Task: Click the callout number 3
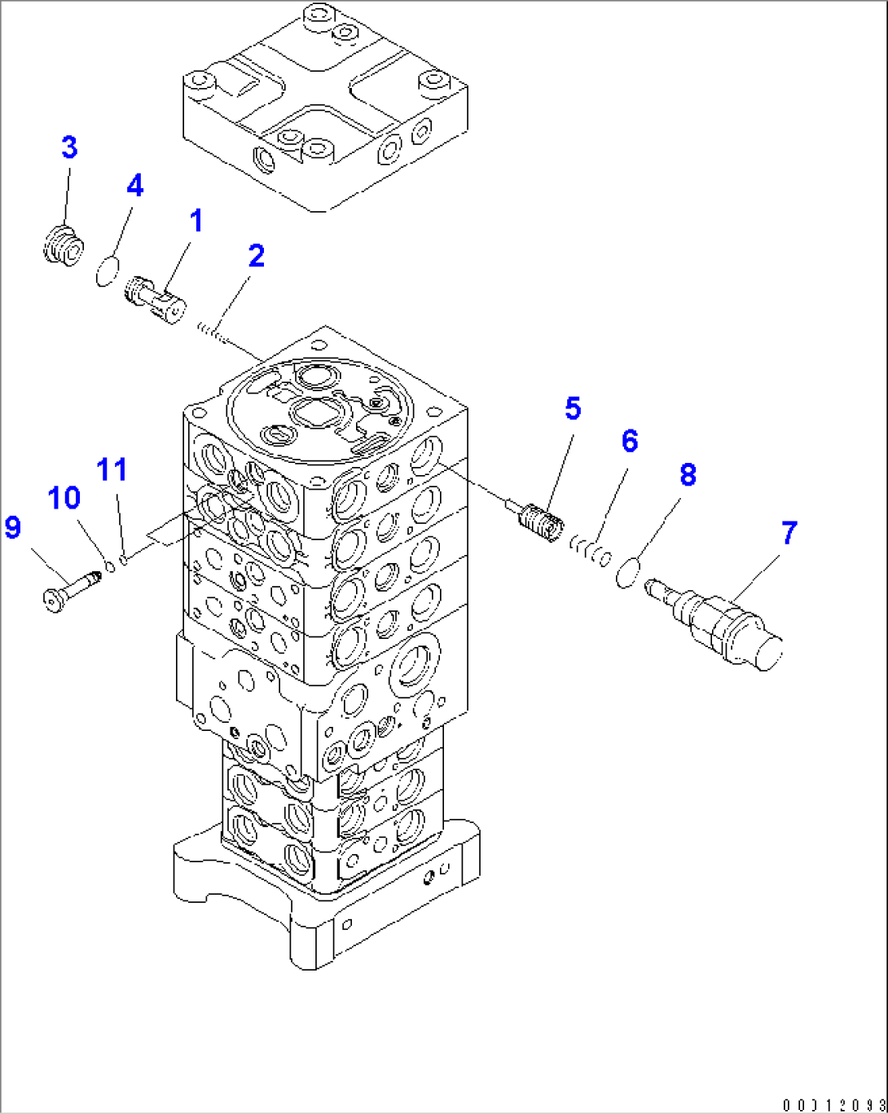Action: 69,148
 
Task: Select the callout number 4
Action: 134,186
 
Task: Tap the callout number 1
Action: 196,221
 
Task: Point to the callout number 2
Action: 256,256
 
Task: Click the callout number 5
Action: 573,408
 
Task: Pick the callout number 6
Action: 629,441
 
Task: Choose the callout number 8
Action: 688,475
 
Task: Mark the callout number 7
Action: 788,534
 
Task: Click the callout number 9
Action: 13,527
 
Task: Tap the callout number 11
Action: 112,469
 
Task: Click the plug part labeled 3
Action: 63,245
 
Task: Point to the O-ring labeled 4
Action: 107,271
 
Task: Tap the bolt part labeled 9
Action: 71,590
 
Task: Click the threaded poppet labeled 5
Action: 539,520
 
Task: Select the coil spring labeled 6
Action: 590,548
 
